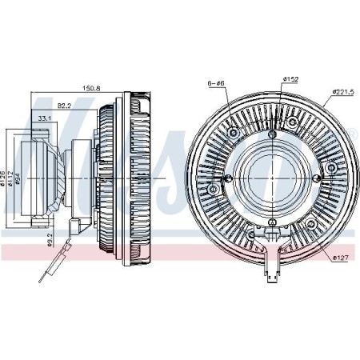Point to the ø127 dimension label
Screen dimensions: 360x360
point(341,256)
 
